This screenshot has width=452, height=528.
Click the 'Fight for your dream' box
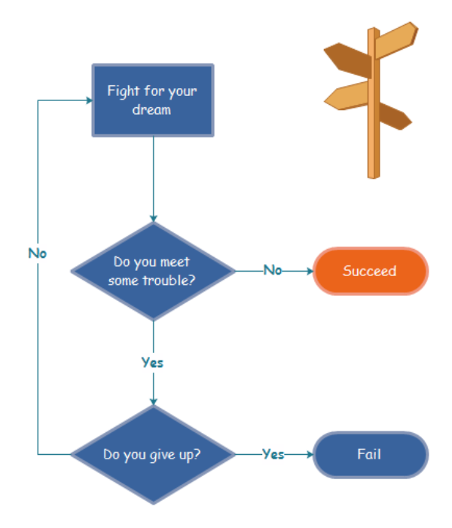coord(153,100)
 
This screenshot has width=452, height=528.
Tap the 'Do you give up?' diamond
coord(153,455)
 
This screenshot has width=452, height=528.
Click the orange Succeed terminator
coord(370,271)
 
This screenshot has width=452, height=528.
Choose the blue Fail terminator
coord(370,455)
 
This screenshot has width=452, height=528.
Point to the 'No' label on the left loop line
coord(38,253)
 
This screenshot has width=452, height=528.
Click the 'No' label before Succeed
coord(272,270)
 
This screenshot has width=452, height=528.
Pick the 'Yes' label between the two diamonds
coord(153,363)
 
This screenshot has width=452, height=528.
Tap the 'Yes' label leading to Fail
coord(273,454)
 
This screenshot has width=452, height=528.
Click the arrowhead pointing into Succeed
coord(309,271)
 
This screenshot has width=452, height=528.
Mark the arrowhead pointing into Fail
coord(309,455)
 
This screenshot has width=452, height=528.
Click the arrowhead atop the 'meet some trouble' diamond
coord(153,218)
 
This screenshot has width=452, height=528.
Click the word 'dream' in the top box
coord(152,110)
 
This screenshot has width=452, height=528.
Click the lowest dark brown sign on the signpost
coord(394,115)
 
